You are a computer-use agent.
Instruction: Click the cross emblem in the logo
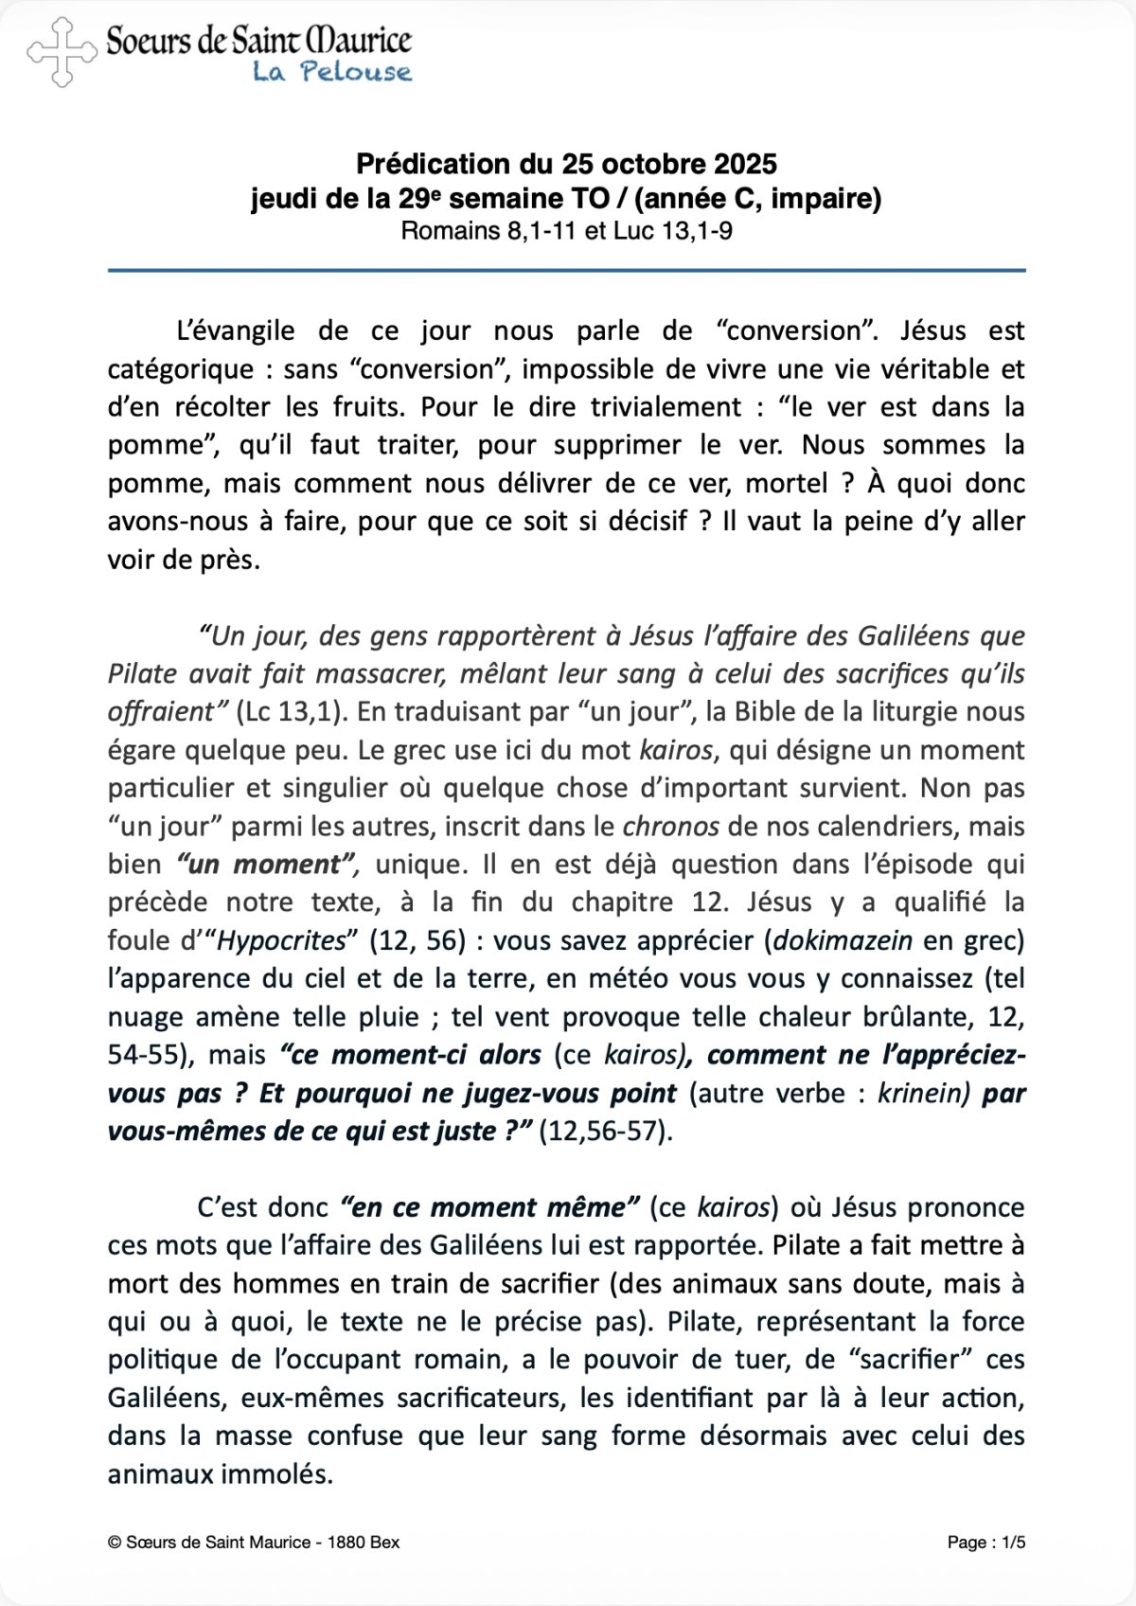pos(62,52)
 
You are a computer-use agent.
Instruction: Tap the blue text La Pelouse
pos(331,72)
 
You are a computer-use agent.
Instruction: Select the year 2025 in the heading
pos(745,164)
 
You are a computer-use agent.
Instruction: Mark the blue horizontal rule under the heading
pos(566,271)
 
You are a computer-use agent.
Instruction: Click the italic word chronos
pos(670,826)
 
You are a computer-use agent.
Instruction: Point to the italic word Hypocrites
pos(282,940)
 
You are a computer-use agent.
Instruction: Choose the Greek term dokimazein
pos(843,940)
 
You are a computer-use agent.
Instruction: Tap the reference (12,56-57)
pos(605,1131)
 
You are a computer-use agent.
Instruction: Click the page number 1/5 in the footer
pos(1014,1543)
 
